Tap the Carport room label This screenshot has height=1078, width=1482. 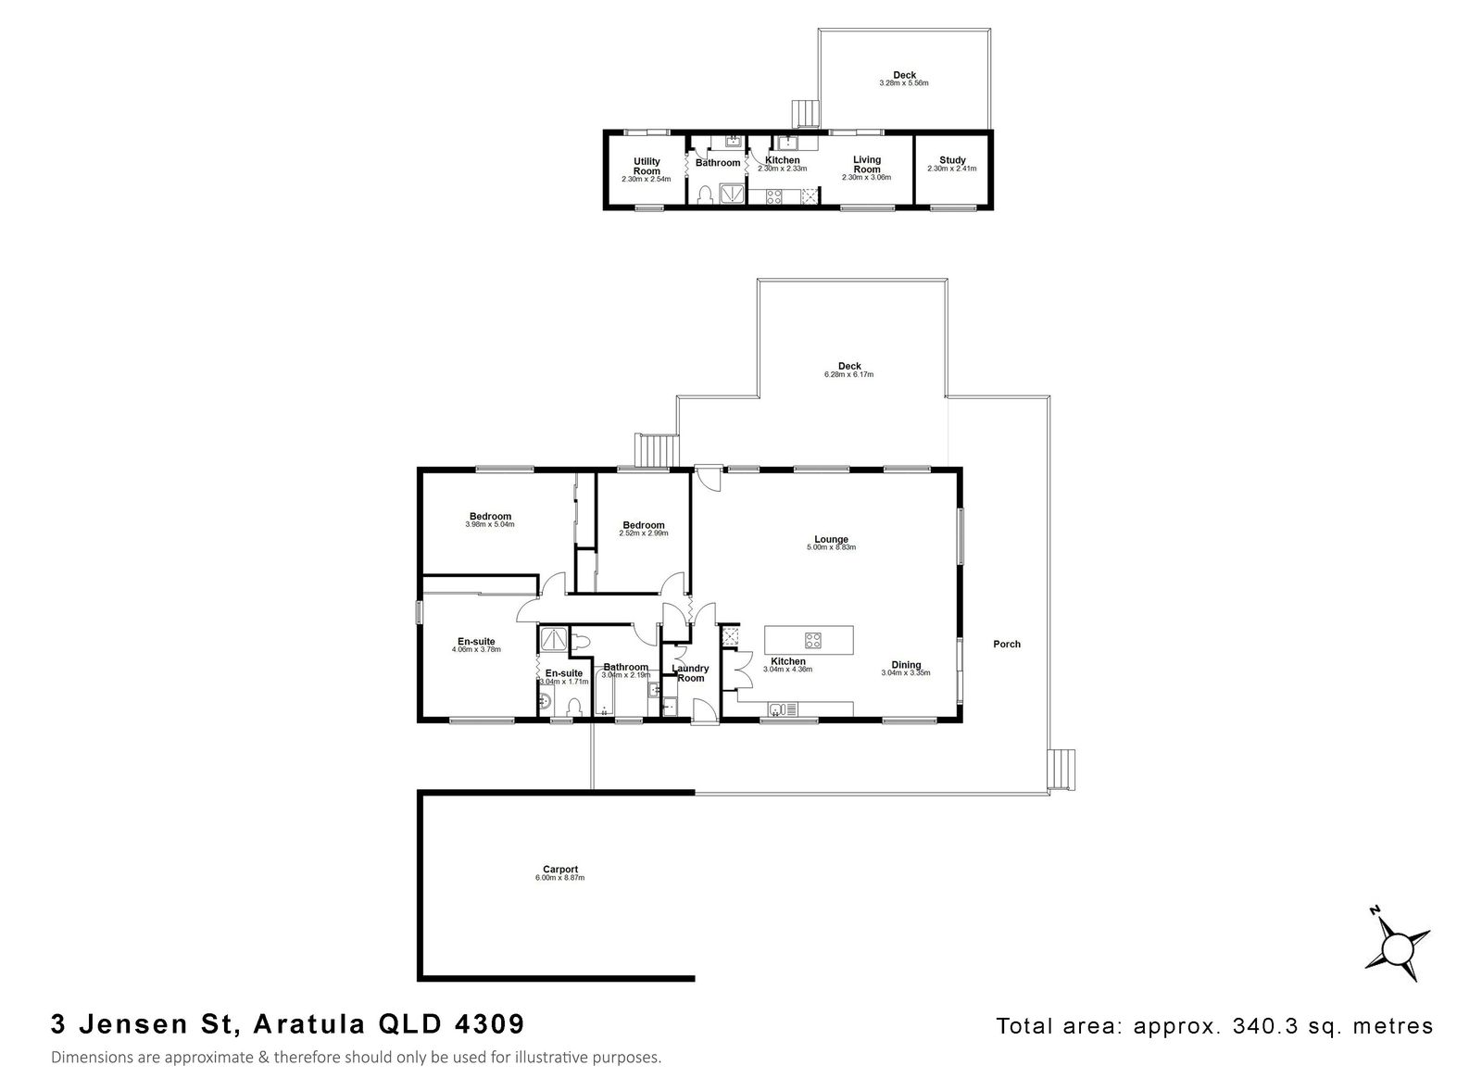pos(559,869)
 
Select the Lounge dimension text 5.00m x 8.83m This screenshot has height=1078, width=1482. pos(831,547)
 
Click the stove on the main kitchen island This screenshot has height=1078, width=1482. pos(812,640)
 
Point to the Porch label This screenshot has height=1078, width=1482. pos(1006,644)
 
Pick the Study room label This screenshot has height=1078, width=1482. pos(952,160)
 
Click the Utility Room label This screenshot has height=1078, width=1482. pos(647,166)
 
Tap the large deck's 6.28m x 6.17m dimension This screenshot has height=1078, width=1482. pos(848,374)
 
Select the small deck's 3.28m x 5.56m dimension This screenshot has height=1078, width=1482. pos(904,83)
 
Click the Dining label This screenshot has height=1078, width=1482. pos(906,665)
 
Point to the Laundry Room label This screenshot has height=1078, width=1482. pos(690,673)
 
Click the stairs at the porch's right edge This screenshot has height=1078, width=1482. pos(1061,770)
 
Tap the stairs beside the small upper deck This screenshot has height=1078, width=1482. pos(806,114)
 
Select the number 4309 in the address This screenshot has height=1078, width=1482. pos(489,1023)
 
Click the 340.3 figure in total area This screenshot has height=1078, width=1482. pos(1256,1026)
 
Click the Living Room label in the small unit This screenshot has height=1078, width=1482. pos(867,164)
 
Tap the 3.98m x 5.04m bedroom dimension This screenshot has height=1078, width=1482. pos(490,524)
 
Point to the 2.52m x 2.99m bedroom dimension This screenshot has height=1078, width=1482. pos(643,533)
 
